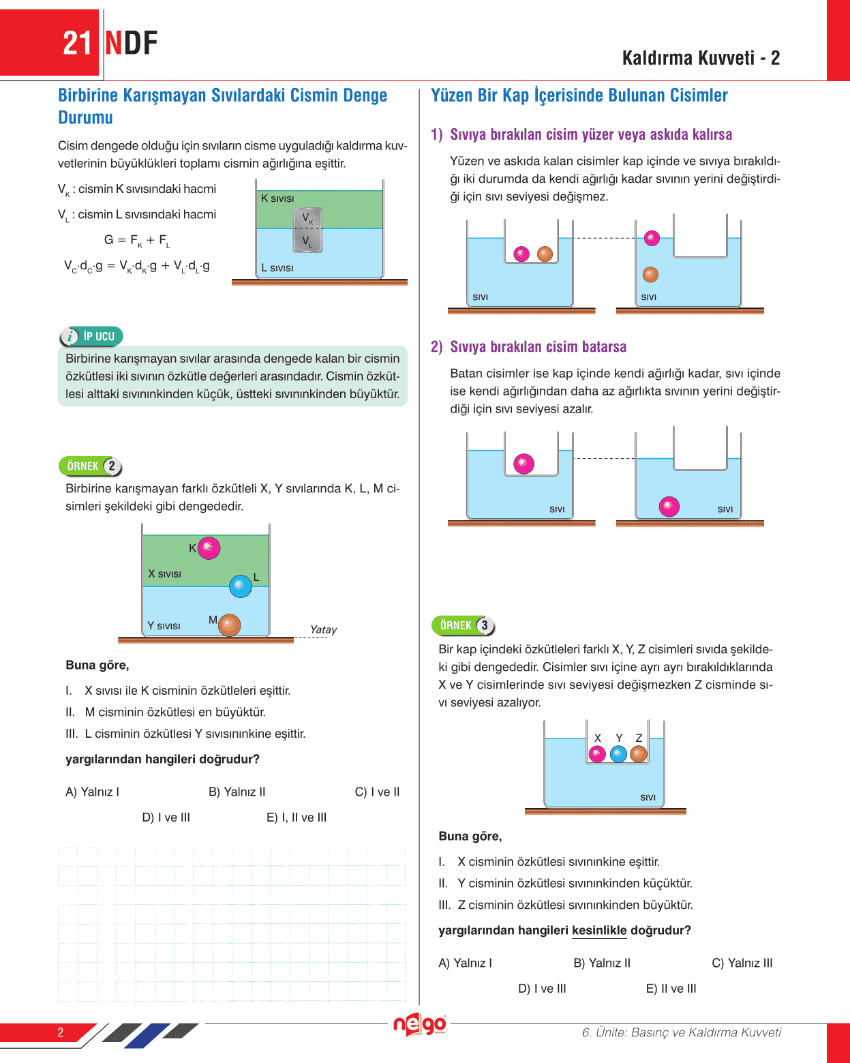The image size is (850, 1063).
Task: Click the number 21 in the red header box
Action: click(77, 44)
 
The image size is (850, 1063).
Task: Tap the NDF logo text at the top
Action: click(132, 44)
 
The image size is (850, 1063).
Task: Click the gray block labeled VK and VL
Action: click(307, 230)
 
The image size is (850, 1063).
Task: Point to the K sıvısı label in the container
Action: click(277, 198)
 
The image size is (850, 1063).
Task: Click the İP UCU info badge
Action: click(91, 336)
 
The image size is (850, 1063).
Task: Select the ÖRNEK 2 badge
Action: click(91, 466)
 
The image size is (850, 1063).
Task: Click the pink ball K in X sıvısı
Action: click(209, 548)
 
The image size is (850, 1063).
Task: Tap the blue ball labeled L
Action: click(241, 586)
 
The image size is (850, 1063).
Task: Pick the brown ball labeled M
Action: click(230, 625)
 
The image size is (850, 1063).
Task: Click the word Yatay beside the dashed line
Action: click(323, 629)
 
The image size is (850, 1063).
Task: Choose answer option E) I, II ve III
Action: click(297, 818)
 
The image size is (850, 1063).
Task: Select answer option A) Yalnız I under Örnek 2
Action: click(93, 792)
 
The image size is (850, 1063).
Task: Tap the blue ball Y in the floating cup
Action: click(618, 754)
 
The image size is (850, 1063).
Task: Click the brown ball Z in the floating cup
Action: click(639, 754)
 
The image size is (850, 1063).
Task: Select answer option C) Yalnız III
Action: click(742, 963)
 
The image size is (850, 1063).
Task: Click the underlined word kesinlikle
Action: click(599, 931)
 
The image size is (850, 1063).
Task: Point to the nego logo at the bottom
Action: click(419, 1025)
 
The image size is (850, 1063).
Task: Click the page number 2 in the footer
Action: click(61, 1032)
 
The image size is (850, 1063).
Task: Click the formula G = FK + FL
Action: click(137, 240)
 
